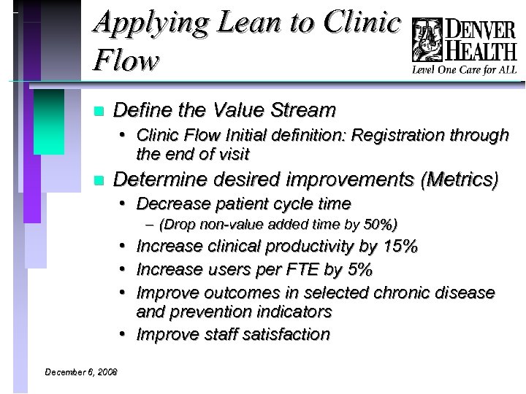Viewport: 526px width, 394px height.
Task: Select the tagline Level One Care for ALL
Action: click(465, 70)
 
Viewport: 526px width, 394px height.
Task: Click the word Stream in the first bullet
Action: click(302, 110)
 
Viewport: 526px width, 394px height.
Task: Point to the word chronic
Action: click(403, 293)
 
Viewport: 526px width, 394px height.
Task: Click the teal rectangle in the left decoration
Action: click(49, 120)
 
